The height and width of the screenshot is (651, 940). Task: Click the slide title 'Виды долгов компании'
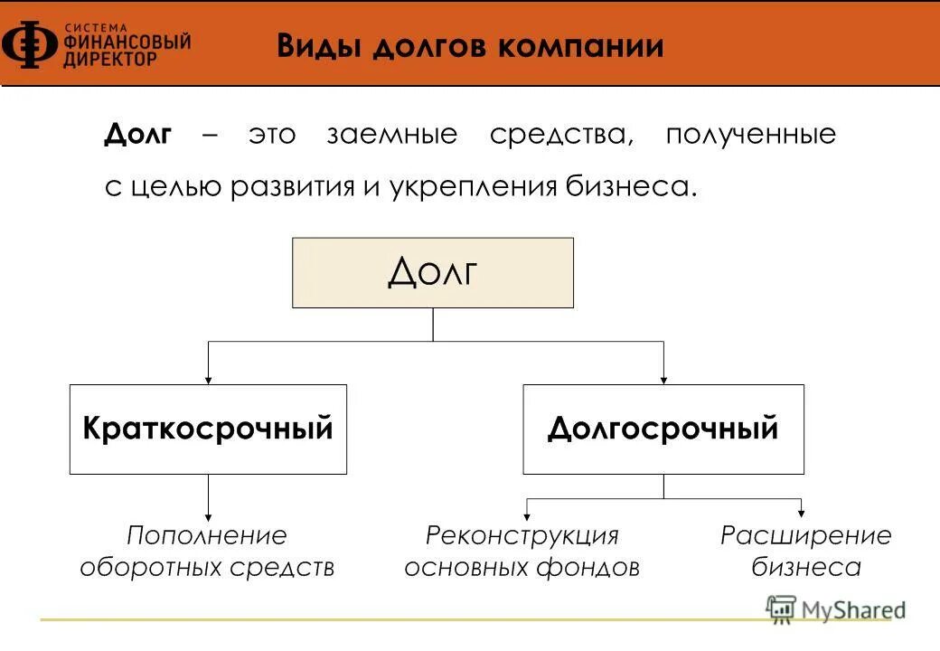click(470, 46)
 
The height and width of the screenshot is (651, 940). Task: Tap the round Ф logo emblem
click(30, 45)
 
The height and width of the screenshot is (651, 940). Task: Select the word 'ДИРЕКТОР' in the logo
click(109, 58)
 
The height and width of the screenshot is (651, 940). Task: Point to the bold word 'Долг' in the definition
click(138, 136)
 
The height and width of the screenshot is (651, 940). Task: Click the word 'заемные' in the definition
click(391, 136)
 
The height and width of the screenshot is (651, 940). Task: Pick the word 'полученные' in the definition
click(751, 136)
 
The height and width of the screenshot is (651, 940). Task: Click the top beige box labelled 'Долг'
click(432, 272)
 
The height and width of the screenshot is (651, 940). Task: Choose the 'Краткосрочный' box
click(208, 429)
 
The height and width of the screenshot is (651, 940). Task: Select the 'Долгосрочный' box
click(663, 429)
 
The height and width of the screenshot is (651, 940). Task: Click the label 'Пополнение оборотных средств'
click(207, 551)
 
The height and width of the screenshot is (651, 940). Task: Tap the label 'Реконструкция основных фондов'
click(522, 551)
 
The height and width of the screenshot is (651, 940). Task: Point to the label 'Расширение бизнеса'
click(805, 551)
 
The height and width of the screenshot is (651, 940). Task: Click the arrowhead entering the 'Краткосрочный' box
click(209, 379)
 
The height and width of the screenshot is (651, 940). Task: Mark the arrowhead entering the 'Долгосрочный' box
click(663, 379)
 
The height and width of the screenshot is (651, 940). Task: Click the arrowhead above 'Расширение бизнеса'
click(801, 513)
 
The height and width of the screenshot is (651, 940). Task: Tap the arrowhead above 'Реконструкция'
click(527, 513)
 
